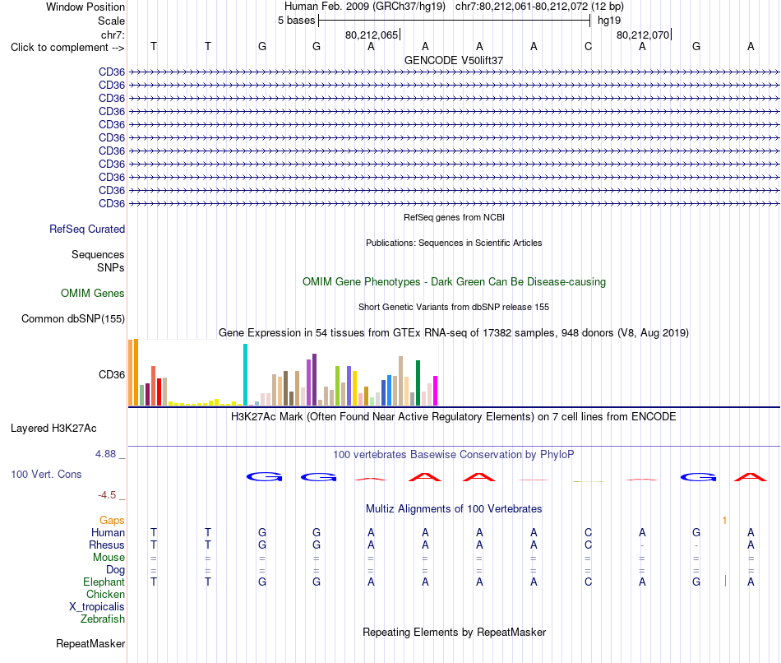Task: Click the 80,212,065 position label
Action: [x=372, y=35]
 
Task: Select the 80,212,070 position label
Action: [x=643, y=35]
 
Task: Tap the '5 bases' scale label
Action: [x=296, y=21]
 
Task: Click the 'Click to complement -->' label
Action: [x=67, y=48]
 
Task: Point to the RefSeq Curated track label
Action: [x=87, y=229]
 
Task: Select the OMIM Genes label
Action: [x=93, y=293]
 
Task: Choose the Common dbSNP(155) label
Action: [x=73, y=318]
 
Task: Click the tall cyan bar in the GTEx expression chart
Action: [x=245, y=374]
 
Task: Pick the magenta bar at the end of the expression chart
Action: [x=436, y=391]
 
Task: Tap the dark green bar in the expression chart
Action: [x=418, y=382]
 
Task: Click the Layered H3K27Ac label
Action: [x=53, y=429]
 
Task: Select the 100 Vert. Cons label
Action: [x=46, y=474]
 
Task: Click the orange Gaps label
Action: [x=112, y=521]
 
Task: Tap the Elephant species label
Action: [x=104, y=582]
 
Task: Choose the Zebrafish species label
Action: [x=103, y=619]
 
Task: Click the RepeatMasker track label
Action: [x=90, y=643]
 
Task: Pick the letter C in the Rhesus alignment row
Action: [x=589, y=545]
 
